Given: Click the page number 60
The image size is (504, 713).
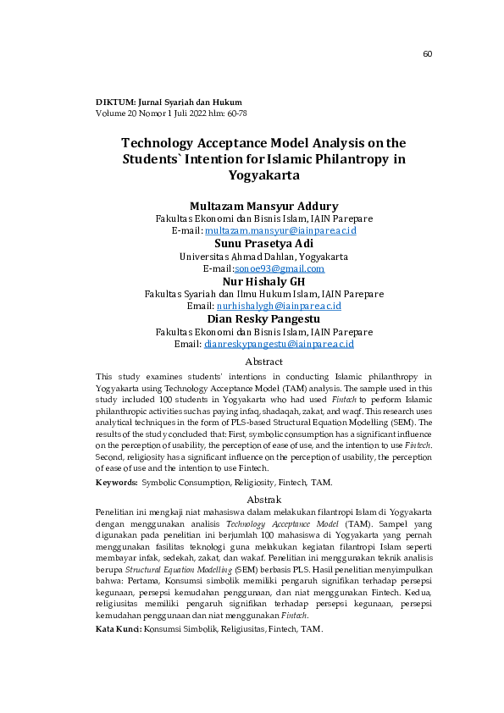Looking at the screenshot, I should coord(427,55).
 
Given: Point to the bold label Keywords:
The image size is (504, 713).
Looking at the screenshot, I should coord(117,482).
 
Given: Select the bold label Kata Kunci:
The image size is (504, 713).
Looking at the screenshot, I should coord(119,632).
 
